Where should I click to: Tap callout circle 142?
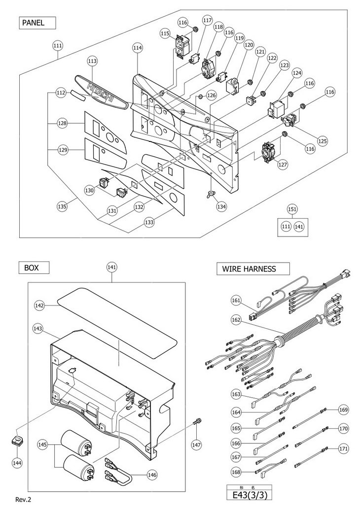(40, 305)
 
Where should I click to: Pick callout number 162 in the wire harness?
(236, 319)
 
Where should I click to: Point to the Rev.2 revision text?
(23, 499)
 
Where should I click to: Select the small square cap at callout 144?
(18, 439)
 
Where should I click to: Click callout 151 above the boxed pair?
(292, 209)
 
